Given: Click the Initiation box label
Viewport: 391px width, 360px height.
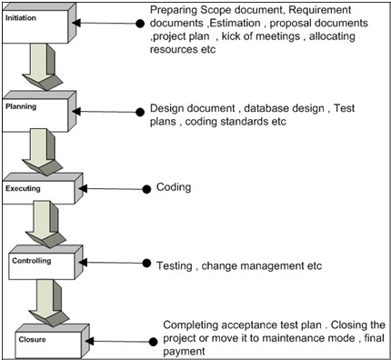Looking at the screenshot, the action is [x=21, y=18].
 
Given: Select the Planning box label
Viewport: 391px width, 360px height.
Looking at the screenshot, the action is [x=21, y=106].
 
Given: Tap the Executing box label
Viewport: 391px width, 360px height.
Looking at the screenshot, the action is [x=23, y=188].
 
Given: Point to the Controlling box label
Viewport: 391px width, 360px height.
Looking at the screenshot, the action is [x=32, y=261].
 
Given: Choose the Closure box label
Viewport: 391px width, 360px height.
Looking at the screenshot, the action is [x=32, y=339].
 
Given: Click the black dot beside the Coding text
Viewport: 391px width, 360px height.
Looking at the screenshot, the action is [x=146, y=189].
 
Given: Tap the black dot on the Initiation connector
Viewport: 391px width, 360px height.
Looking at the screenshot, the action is [x=140, y=24].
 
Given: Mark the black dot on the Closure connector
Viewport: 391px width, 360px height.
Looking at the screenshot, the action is [x=154, y=342].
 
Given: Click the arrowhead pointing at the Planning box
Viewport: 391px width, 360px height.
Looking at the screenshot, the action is [x=76, y=112].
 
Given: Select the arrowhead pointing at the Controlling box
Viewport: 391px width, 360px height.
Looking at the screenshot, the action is [x=83, y=263].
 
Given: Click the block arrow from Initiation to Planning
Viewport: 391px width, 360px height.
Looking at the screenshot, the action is [x=43, y=66].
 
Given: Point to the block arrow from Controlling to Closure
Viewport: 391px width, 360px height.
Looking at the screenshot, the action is [x=49, y=303].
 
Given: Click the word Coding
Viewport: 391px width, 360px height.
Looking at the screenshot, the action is [x=174, y=187].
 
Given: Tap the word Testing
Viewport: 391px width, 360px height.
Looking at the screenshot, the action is [x=175, y=265].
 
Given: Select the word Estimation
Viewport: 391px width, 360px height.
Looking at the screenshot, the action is [x=235, y=23].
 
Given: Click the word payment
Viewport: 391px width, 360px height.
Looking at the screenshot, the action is [x=184, y=352].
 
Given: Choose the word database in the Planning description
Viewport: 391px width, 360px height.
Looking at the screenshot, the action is [x=263, y=108].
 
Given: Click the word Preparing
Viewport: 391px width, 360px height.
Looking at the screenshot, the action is [x=174, y=11].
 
